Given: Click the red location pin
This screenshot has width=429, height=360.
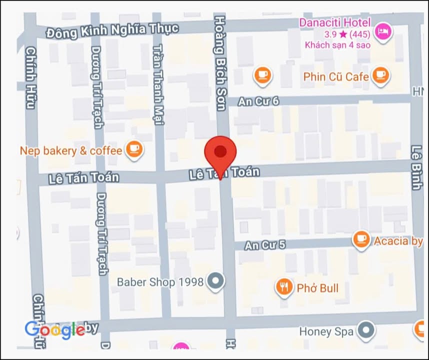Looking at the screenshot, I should click(x=220, y=152).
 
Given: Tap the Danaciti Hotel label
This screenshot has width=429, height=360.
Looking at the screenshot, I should click(x=334, y=22).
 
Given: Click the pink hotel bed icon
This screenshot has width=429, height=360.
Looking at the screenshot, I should click(x=383, y=31).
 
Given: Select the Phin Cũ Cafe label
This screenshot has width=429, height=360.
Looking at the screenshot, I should click(x=336, y=76).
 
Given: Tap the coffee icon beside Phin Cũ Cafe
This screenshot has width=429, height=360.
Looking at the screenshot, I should click(x=381, y=75).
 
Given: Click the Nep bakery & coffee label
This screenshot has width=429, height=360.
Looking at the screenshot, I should click(x=71, y=150).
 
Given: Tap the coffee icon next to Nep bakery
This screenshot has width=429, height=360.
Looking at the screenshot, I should click(x=133, y=149).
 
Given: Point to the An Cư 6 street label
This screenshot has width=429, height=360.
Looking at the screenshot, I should click(x=258, y=101).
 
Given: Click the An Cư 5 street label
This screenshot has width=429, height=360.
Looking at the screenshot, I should click(x=265, y=245).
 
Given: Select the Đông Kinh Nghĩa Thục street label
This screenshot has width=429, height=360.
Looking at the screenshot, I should click(x=112, y=30).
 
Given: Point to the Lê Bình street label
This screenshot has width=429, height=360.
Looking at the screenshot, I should click(x=415, y=167).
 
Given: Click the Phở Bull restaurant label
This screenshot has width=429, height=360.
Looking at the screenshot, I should click(x=317, y=288).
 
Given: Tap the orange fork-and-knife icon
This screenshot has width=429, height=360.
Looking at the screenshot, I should click(x=284, y=287).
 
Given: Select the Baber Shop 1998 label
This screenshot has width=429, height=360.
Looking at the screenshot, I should click(x=160, y=282).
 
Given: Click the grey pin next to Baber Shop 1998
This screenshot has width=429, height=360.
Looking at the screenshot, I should click(x=216, y=281).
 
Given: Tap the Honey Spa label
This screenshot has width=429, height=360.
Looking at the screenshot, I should click(x=326, y=331).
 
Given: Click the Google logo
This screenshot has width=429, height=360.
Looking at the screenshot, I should click(x=54, y=329).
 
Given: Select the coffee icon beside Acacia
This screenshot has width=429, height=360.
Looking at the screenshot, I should click(x=361, y=239).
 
